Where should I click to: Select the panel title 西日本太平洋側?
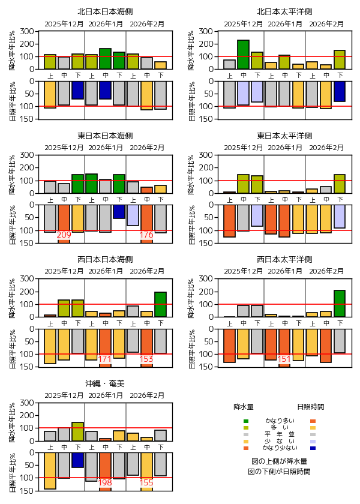pyautogui.click(x=284, y=259)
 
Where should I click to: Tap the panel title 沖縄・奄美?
pyautogui.click(x=105, y=383)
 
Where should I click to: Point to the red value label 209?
pyautogui.click(x=64, y=235)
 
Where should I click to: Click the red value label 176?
pyautogui.click(x=146, y=235)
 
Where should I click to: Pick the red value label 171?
pyautogui.click(x=105, y=359)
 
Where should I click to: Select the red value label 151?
pyautogui.click(x=284, y=359)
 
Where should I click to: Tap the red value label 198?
pyautogui.click(x=105, y=482)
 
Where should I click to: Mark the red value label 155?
pyautogui.click(x=146, y=482)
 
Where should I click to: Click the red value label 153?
pyautogui.click(x=146, y=359)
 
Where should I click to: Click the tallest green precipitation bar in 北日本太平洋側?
pyautogui.click(x=243, y=55)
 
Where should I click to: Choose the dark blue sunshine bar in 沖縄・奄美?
pyautogui.click(x=77, y=460)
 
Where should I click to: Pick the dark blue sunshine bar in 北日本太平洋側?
pyautogui.click(x=340, y=91)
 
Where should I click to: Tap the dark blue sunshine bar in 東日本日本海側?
pyautogui.click(x=119, y=211)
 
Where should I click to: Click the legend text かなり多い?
pyautogui.click(x=280, y=421)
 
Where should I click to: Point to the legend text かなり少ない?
pyautogui.click(x=280, y=448)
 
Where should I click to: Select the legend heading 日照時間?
pyautogui.click(x=311, y=406)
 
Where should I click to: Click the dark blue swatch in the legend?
pyautogui.click(x=313, y=448)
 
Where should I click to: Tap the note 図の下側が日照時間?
pyautogui.click(x=280, y=472)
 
